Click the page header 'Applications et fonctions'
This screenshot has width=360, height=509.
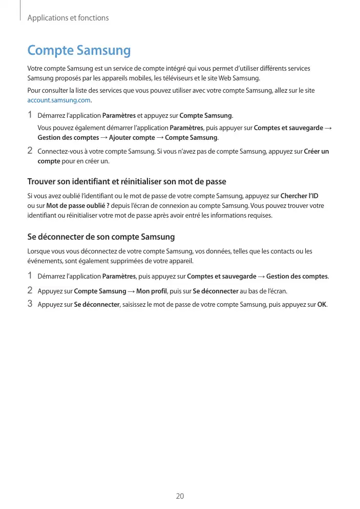click(x=68, y=18)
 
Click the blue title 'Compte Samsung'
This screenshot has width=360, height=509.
click(x=79, y=51)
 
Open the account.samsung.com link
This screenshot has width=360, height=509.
click(x=58, y=100)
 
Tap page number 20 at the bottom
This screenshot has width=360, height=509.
click(x=180, y=496)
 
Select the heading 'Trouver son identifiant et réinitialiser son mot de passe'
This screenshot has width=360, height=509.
click(x=126, y=182)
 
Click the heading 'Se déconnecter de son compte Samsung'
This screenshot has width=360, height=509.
click(x=101, y=237)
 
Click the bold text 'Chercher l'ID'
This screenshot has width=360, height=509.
click(x=300, y=196)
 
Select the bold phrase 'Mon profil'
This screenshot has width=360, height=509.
click(x=153, y=291)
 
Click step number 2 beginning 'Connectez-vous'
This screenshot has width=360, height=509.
click(x=30, y=151)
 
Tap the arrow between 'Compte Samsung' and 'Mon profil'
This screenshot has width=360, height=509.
click(x=131, y=291)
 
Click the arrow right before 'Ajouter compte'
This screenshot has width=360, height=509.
click(x=104, y=138)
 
